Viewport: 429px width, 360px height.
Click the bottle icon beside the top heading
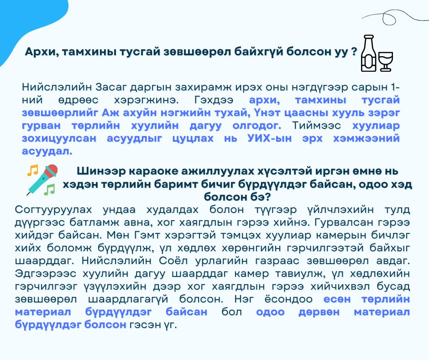pos(369,53)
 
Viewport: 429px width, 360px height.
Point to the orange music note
pos(32,170)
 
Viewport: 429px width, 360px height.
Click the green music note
pos(50,189)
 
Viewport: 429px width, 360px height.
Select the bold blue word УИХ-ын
pos(269,138)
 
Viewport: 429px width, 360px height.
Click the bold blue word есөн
pos(337,299)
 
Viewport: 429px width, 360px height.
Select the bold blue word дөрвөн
pos(319,312)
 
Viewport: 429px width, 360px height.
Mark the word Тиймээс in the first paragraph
pos(317,126)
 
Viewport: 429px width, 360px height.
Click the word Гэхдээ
pos(214,100)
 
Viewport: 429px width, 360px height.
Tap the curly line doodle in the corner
pos(394,17)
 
